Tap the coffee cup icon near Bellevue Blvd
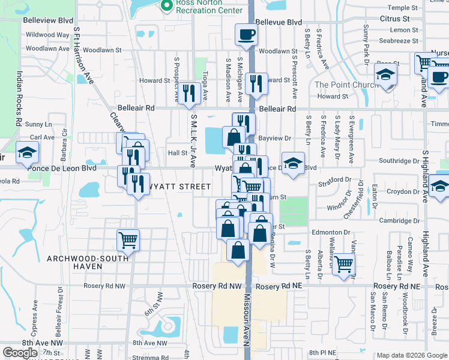point(245,35)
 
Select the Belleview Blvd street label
point(48,20)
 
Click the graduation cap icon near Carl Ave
point(27,154)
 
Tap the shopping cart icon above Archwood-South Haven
point(128,240)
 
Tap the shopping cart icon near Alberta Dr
point(344,263)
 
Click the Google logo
point(20,353)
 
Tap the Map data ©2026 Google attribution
point(412,355)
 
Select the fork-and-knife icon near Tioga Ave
point(190,92)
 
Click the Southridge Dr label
point(399,161)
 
